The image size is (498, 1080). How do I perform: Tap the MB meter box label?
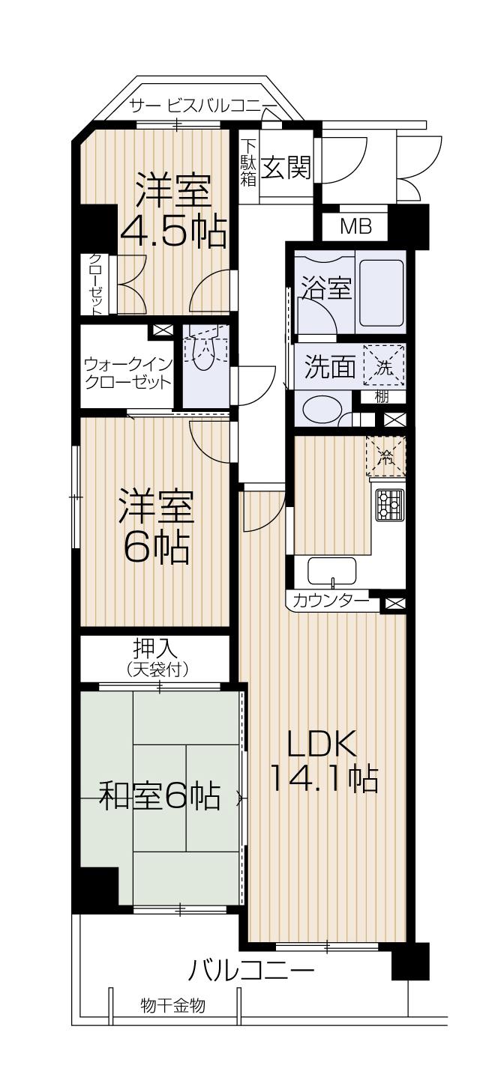(355, 227)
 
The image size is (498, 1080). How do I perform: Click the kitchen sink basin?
(332, 572)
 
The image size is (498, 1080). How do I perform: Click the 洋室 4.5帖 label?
(172, 212)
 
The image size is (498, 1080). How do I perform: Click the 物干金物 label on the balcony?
(173, 1005)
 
